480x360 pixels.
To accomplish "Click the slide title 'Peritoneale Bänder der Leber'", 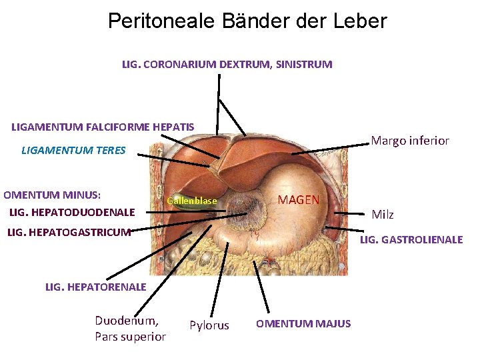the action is pos(247,21).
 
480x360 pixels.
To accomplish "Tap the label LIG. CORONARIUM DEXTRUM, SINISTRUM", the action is pos(227,65).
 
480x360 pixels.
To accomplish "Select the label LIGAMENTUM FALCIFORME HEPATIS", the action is pos(103,127).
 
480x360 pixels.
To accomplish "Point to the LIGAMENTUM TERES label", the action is pos(73,150).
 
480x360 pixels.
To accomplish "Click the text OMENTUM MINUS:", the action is pos(52,195).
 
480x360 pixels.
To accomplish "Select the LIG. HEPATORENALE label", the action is pos(95,287).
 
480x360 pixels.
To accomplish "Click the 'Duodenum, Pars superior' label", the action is pos(130,328).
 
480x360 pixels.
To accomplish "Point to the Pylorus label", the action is pos(209,325).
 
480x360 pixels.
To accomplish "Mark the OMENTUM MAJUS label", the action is pos(303,323).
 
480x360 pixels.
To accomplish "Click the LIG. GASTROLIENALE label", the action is pos(411,239).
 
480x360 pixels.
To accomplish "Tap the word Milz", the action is pos(383,214).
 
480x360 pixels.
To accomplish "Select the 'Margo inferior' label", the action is pos(409,141).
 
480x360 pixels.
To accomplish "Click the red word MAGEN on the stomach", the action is pos(298,200).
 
